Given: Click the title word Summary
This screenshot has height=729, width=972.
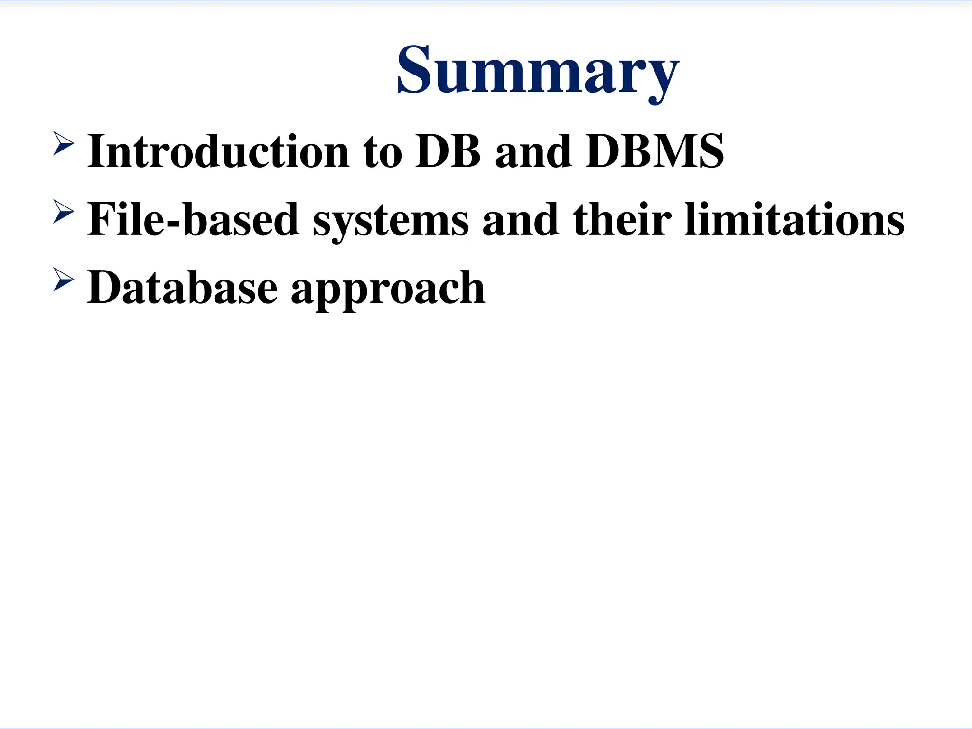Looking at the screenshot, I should click(x=538, y=71).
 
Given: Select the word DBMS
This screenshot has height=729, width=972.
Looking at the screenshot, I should click(x=655, y=152).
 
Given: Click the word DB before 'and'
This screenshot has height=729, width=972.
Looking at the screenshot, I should click(x=448, y=152).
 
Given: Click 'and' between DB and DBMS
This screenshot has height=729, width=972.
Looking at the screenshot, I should click(x=533, y=152).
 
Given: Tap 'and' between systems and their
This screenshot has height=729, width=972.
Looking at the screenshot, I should click(x=520, y=220).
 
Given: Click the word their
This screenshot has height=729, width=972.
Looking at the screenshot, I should click(x=622, y=220).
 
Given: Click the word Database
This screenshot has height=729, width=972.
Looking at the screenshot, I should click(x=182, y=288).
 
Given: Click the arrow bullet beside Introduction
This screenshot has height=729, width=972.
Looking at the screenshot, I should click(x=63, y=143).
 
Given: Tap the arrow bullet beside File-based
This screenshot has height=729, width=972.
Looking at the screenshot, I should click(x=63, y=211).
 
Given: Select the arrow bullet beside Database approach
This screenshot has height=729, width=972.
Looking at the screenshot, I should click(x=63, y=279).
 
